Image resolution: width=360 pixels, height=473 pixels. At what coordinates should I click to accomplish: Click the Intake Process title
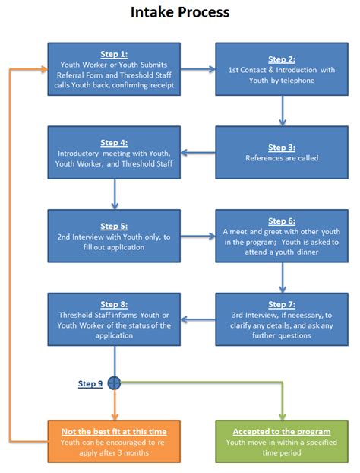(180, 12)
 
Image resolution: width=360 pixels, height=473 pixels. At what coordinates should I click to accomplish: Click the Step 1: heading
(113, 55)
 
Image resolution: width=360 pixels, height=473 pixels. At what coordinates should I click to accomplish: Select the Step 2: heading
(282, 59)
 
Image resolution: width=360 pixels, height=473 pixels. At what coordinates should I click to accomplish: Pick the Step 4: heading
(113, 142)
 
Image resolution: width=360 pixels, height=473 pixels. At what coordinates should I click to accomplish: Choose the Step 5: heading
(113, 226)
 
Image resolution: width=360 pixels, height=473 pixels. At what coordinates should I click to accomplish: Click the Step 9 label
(90, 383)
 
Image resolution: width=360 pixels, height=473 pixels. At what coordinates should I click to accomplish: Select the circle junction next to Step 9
(114, 383)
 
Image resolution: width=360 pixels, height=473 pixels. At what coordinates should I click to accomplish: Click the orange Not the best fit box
(113, 441)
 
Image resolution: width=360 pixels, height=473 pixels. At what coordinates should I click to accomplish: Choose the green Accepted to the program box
(282, 441)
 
